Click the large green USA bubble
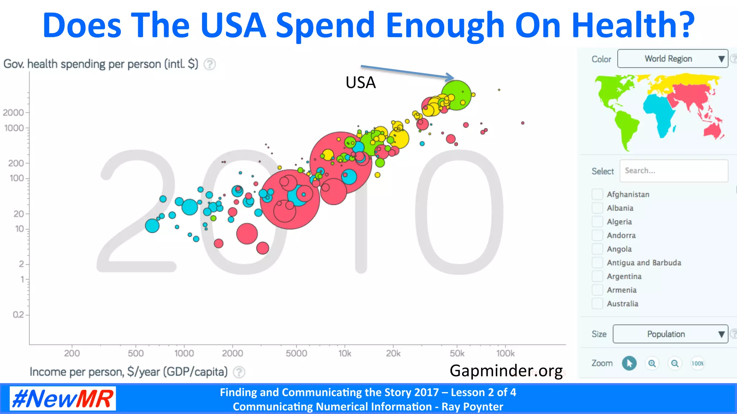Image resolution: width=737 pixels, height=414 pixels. [456, 95]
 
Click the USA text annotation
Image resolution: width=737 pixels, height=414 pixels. [361, 83]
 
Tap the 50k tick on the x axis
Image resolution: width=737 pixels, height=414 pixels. [457, 353]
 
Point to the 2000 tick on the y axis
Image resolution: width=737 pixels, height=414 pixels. [14, 112]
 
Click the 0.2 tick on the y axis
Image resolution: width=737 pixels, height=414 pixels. [18, 315]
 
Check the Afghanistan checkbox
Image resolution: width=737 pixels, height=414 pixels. [597, 194]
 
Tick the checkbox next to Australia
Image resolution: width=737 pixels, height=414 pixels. [597, 304]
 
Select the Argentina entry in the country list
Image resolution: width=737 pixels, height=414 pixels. [624, 276]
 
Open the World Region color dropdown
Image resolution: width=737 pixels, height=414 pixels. [672, 59]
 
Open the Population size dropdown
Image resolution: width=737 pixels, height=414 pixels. [670, 334]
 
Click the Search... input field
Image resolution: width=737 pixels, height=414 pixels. [674, 171]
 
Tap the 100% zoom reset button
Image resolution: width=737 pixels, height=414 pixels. [697, 363]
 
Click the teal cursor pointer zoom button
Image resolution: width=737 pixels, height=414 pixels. [629, 363]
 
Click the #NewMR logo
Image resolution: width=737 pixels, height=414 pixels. [63, 399]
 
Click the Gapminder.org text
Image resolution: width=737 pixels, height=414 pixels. [506, 371]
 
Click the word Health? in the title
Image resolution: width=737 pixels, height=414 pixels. [633, 25]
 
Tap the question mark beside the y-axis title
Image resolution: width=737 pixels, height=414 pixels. [210, 64]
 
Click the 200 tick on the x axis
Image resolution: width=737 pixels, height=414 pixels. [72, 353]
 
